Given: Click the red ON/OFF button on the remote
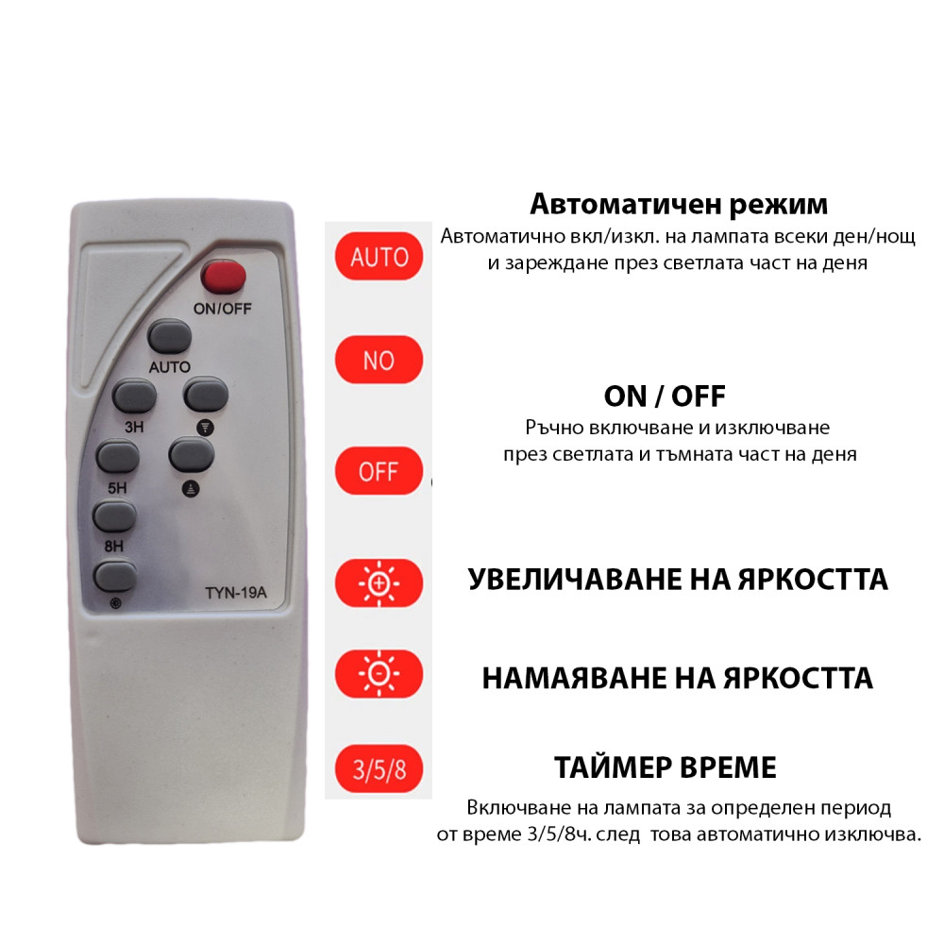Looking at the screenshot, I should pyautogui.click(x=224, y=277).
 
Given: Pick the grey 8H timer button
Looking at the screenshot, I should pyautogui.click(x=114, y=515).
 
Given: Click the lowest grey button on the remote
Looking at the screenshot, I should pyautogui.click(x=114, y=574).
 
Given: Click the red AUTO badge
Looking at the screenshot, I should pyautogui.click(x=379, y=257).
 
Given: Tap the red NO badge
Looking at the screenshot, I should pyautogui.click(x=379, y=360).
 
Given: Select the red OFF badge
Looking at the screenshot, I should pyautogui.click(x=379, y=471).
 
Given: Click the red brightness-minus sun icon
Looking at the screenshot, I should pyautogui.click(x=379, y=674).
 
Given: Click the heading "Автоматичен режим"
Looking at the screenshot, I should pyautogui.click(x=678, y=204).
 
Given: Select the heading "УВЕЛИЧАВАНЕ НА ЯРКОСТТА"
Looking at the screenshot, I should pyautogui.click(x=678, y=579).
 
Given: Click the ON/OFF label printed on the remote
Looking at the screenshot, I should pyautogui.click(x=223, y=308).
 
